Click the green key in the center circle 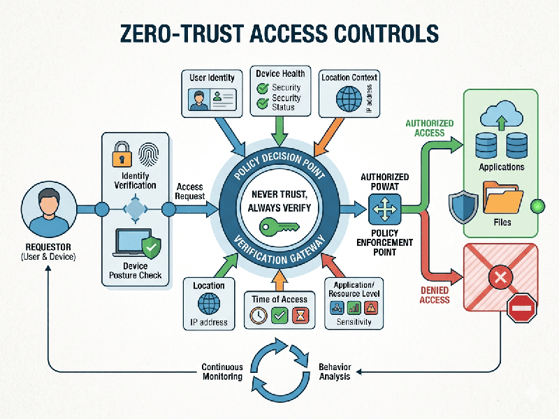[x=279, y=226]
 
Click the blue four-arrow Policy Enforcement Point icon [x=385, y=207]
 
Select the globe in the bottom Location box [x=208, y=304]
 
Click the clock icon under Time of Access [x=259, y=316]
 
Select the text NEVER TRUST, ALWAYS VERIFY [x=279, y=200]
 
